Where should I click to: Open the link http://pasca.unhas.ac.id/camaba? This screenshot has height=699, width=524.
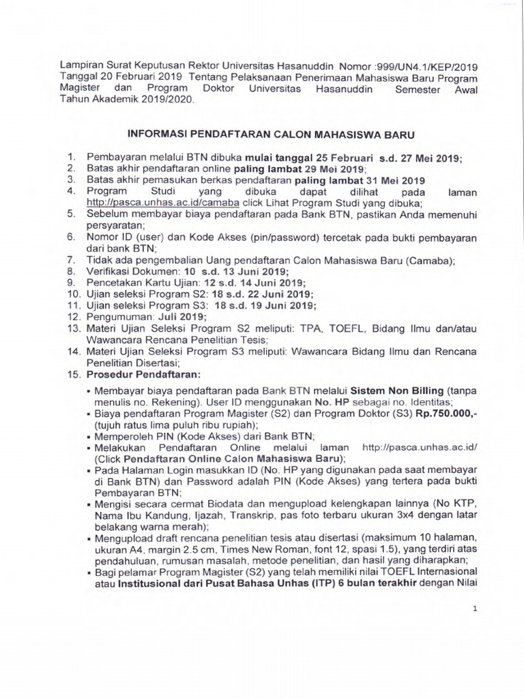pyautogui.click(x=163, y=203)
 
